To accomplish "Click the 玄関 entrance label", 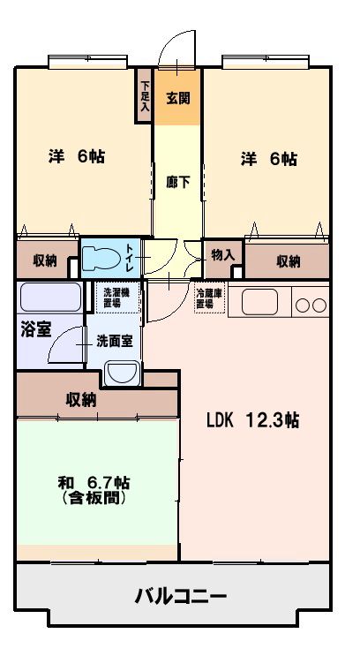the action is pyautogui.click(x=178, y=99).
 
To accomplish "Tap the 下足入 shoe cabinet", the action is pyautogui.click(x=145, y=95).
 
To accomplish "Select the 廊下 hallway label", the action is pyautogui.click(x=178, y=183).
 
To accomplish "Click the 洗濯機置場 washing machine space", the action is pyautogui.click(x=116, y=298).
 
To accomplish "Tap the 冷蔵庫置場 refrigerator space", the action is pyautogui.click(x=211, y=298).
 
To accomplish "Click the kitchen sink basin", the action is pyautogui.click(x=259, y=302).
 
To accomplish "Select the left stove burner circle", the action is pyautogui.click(x=303, y=305).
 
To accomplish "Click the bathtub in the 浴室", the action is pyautogui.click(x=51, y=297).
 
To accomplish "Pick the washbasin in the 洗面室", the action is pyautogui.click(x=121, y=373).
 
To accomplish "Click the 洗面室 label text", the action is pyautogui.click(x=115, y=342).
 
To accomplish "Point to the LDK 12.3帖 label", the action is pyautogui.click(x=253, y=420).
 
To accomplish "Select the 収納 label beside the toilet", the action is pyautogui.click(x=45, y=261).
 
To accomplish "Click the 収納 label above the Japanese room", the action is pyautogui.click(x=81, y=400).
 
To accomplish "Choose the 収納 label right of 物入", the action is pyautogui.click(x=288, y=262).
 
